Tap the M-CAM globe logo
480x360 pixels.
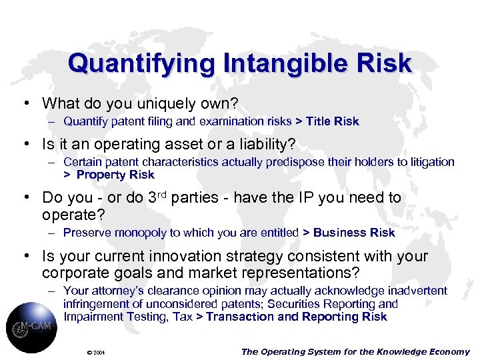pyautogui.click(x=31, y=327)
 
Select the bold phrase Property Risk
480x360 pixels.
pyautogui.click(x=115, y=175)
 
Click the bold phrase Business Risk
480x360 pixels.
pyautogui.click(x=354, y=233)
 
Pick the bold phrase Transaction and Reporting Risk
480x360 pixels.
pyautogui.click(x=297, y=317)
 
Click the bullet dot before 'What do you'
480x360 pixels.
pyautogui.click(x=25, y=104)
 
